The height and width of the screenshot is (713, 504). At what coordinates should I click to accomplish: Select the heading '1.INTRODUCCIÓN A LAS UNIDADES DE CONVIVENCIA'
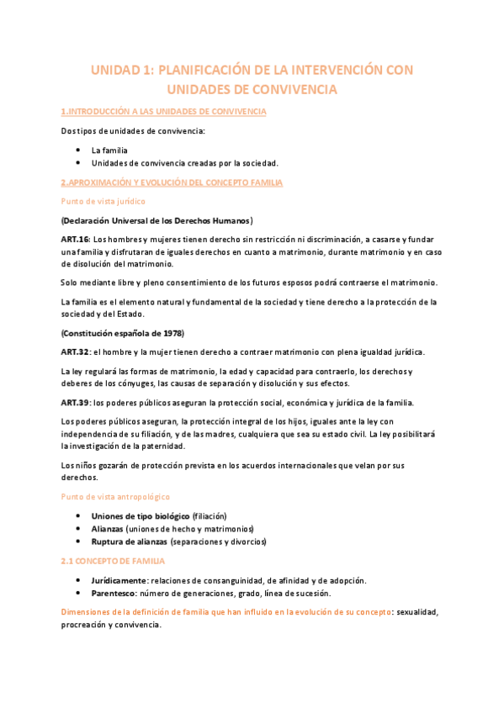164,112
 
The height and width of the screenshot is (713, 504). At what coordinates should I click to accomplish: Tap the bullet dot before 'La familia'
77,150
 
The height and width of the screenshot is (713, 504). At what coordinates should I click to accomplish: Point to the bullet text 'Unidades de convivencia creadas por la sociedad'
185,163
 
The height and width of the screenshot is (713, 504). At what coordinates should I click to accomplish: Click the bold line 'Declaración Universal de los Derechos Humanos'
157,220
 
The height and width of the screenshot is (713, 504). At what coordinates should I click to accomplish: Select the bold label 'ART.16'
76,240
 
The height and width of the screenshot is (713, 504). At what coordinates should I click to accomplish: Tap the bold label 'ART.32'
76,351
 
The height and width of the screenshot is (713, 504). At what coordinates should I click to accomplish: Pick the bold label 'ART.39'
76,402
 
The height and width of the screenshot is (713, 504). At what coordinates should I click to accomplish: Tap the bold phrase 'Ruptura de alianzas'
130,542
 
